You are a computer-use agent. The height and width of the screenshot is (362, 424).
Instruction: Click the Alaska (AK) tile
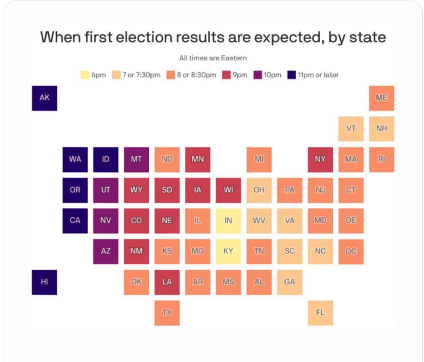point(44,98)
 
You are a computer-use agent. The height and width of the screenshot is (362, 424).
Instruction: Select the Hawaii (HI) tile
point(44,282)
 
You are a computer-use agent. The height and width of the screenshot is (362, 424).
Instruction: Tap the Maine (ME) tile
point(381,98)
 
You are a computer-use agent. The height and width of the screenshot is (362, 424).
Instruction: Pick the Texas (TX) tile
point(167,313)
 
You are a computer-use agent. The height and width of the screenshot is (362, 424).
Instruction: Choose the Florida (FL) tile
point(320,313)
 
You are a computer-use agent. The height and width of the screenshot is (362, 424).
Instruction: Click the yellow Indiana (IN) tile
point(228,220)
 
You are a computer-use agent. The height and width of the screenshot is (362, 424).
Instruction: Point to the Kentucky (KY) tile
point(228,251)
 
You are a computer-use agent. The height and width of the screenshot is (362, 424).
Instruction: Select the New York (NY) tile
point(320,159)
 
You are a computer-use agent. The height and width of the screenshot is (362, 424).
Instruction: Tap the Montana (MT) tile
point(136,159)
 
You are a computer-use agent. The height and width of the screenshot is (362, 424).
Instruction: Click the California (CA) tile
point(75,220)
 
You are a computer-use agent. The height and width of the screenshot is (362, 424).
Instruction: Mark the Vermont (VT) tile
point(351,129)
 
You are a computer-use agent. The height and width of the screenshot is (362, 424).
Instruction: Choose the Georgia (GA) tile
point(289,282)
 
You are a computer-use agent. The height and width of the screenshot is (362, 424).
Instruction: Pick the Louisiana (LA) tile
point(167,282)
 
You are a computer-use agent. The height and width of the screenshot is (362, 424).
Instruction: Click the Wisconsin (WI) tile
point(228,189)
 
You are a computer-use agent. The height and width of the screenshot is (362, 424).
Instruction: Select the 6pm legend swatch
point(85,75)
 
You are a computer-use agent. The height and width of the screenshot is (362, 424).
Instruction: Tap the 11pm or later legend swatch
point(292,75)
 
